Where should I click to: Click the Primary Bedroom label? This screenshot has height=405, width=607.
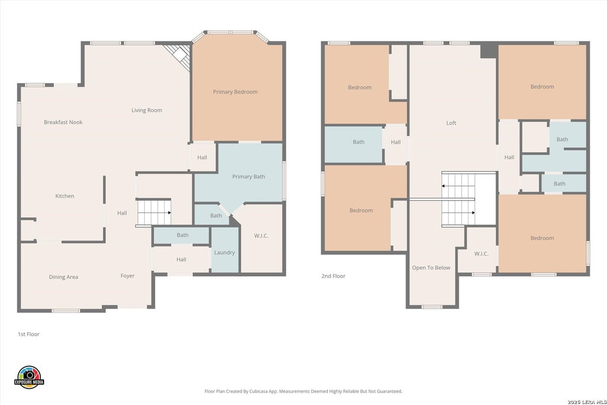coord(235,92)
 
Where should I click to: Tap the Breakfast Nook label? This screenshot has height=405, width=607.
coord(63,122)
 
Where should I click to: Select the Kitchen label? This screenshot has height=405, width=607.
coord(65,196)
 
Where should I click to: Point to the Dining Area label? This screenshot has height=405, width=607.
coord(63,277)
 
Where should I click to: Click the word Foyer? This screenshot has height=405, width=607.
coord(127,276)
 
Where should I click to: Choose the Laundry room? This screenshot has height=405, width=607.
coord(225,250)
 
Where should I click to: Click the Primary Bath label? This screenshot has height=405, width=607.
coord(248,177)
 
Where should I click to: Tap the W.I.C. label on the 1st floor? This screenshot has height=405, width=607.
coord(261,235)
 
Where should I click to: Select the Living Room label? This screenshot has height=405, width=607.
coord(147,110)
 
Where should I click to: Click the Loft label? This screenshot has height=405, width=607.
coord(451,123)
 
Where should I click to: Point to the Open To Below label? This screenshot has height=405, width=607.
coord(431,267)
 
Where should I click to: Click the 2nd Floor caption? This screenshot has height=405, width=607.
coord(333,276)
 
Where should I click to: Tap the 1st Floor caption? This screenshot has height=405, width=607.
coord(28,334)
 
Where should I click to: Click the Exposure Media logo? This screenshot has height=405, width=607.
coord(29,377)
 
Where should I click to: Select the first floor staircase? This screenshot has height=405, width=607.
coord(154,212)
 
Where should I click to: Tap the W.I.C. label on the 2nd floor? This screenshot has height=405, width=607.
coord(481,254)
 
